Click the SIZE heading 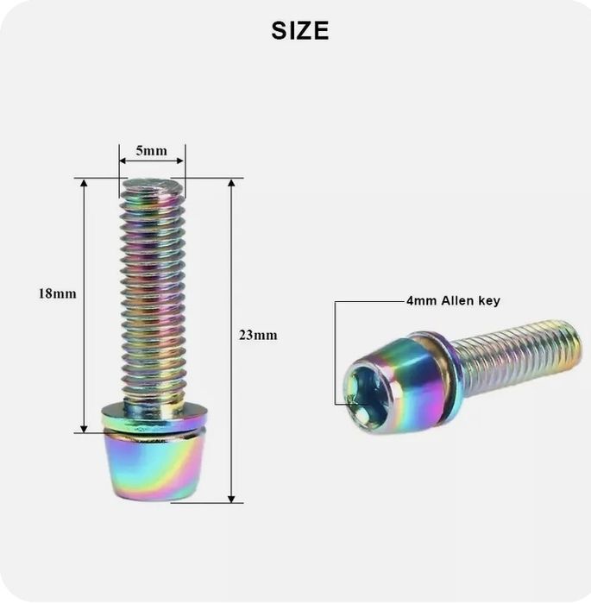click(300, 31)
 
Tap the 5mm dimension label click(151, 151)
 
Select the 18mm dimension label click(57, 293)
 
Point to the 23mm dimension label click(258, 335)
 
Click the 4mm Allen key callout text click(454, 300)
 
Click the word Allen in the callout click(457, 300)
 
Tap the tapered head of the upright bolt click(153, 466)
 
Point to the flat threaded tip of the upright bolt click(153, 186)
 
